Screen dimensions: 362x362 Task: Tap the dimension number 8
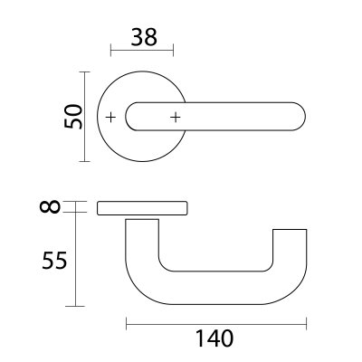point(52,207)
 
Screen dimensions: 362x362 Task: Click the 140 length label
point(214,339)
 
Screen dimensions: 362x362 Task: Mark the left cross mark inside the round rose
point(110,118)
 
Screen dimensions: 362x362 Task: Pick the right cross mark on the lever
point(175,118)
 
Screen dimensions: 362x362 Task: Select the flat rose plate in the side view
point(141,207)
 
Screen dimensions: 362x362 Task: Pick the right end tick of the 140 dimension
point(307,322)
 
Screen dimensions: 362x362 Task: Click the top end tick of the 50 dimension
point(84,73)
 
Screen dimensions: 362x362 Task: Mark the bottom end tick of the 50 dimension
point(84,161)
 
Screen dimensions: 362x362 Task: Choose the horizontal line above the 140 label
point(215,322)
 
